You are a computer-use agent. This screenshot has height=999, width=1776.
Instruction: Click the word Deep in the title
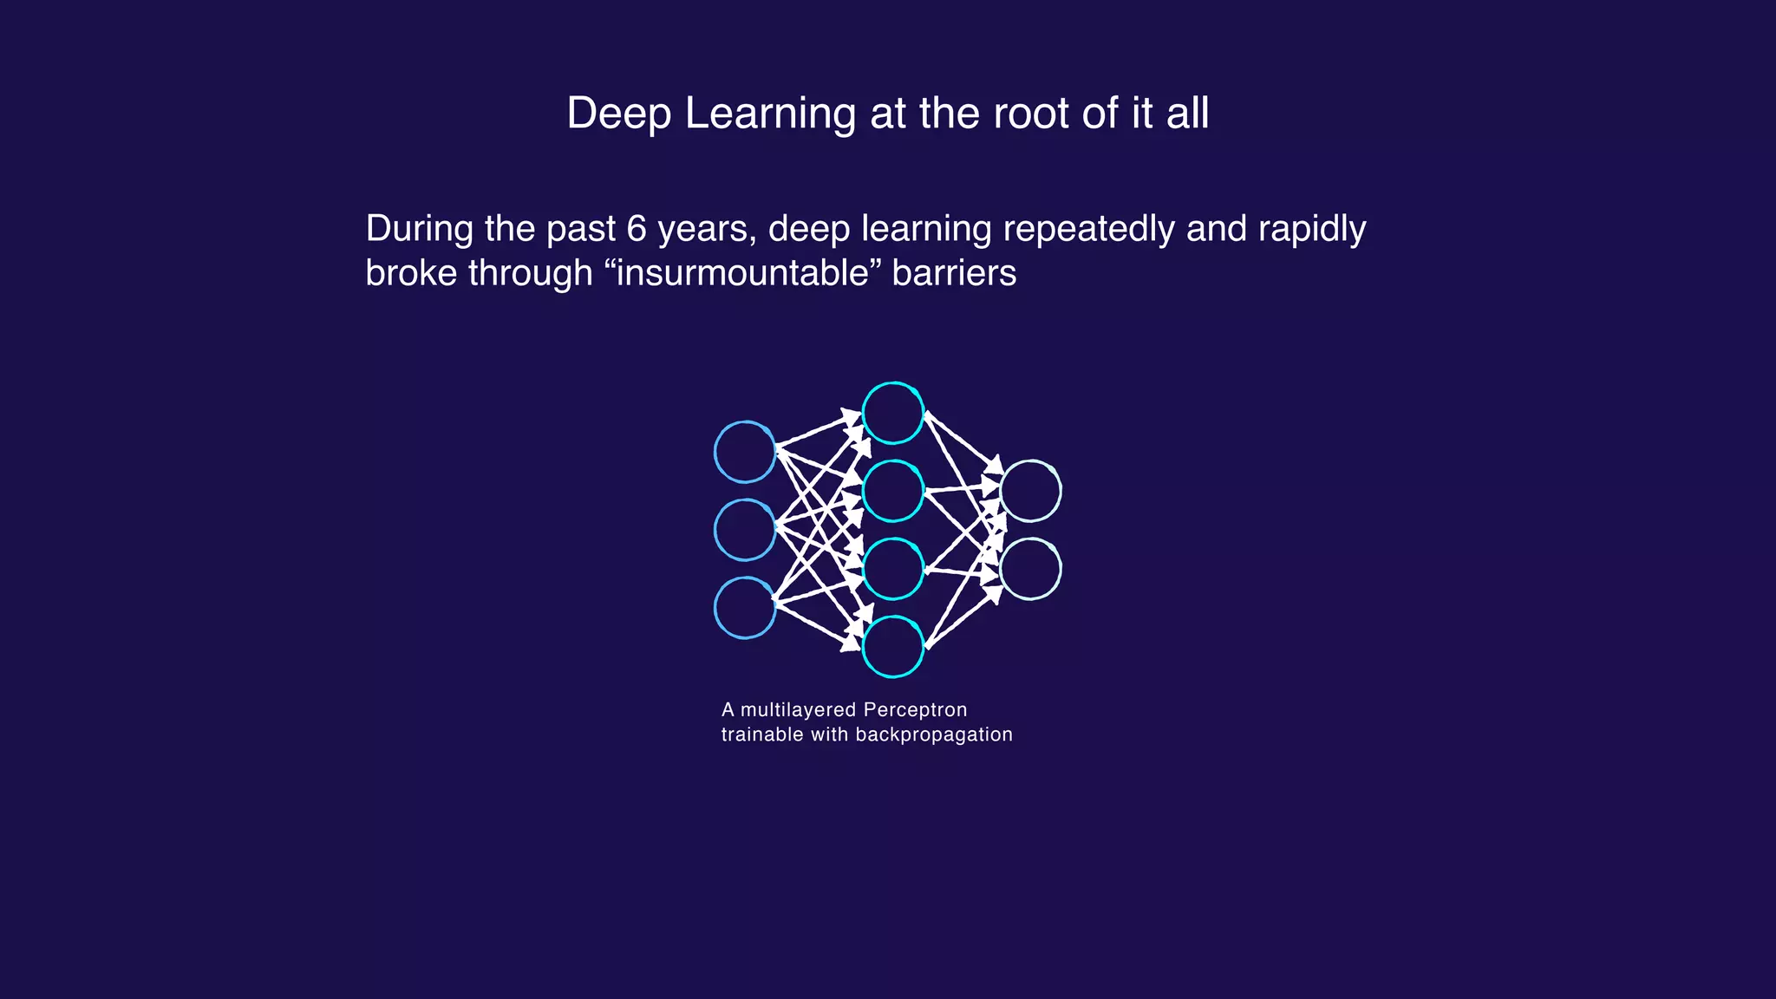click(x=618, y=114)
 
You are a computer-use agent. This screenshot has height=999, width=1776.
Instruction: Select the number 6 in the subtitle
click(x=637, y=229)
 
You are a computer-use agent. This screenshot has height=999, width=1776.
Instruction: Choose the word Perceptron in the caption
click(x=915, y=710)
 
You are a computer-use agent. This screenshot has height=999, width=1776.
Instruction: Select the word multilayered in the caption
click(x=799, y=710)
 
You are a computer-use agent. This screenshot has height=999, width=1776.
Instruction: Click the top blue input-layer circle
click(x=745, y=452)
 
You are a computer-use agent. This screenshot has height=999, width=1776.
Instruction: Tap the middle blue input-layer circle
click(x=745, y=530)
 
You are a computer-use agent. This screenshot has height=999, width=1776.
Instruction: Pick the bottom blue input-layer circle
click(x=745, y=608)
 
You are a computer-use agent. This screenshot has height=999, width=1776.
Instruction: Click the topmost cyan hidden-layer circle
click(x=893, y=413)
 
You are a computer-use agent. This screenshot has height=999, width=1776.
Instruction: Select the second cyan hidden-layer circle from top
click(x=893, y=491)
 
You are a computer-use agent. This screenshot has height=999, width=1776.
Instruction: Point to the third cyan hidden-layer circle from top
click(x=893, y=569)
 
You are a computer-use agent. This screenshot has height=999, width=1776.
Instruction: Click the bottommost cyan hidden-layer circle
click(x=893, y=647)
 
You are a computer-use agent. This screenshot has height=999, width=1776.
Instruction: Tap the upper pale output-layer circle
click(x=1030, y=491)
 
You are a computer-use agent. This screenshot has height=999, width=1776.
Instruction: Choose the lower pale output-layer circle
click(x=1030, y=569)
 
